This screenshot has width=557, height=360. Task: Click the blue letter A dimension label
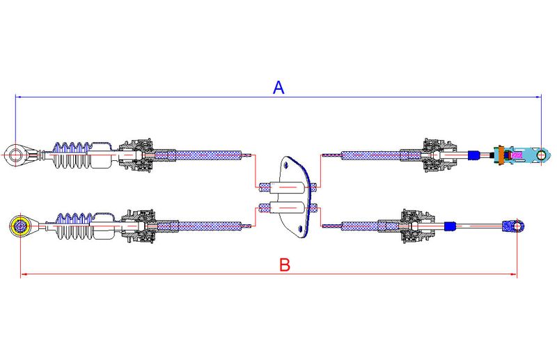click(279, 88)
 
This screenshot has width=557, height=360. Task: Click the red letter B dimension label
click(285, 265)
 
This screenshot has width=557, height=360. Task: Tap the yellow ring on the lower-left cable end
click(20, 226)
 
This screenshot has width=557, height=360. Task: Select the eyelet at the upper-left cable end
click(15, 155)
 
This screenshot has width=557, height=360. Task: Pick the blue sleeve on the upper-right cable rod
click(473, 155)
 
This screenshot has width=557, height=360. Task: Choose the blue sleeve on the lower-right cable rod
click(450, 226)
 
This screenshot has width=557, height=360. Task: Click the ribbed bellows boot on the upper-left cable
click(73, 155)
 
